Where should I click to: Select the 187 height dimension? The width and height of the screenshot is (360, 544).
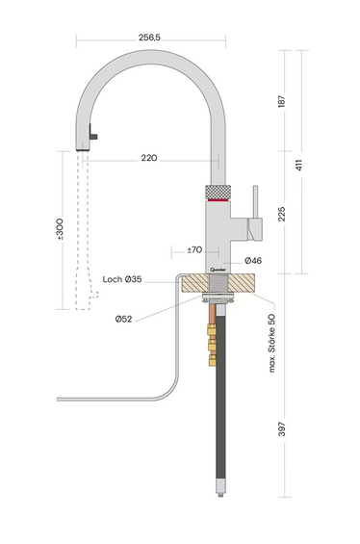280,101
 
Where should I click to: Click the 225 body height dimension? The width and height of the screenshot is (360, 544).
280,212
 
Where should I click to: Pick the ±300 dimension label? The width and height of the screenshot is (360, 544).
61,231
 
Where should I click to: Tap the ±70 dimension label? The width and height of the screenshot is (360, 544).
194,249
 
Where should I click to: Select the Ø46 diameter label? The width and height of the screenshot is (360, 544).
254,260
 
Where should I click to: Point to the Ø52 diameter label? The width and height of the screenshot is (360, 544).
123,319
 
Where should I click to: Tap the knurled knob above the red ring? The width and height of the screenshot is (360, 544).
219,190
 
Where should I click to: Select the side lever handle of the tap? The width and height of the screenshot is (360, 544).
254,217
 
